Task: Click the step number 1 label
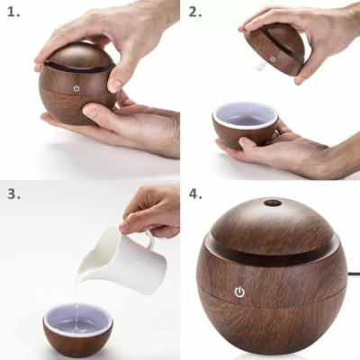pos(14,13)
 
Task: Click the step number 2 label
pos(195,13)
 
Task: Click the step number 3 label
pos(14,193)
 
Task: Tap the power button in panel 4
pos(239,292)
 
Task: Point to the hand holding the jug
pos(153,211)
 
